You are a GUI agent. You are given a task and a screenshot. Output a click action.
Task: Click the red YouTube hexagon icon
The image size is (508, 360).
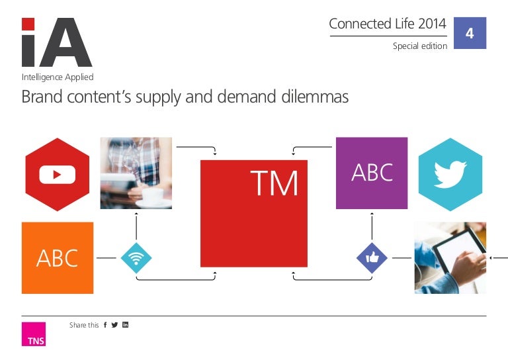click(x=57, y=174)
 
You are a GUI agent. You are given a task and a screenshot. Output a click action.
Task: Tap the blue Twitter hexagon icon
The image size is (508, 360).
click(x=450, y=174)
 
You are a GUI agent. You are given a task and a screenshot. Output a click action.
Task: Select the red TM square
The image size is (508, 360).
click(x=254, y=213)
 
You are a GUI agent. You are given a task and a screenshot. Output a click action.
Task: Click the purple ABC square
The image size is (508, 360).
click(x=371, y=173)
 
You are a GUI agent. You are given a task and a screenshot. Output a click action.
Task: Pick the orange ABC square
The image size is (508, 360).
click(x=58, y=257)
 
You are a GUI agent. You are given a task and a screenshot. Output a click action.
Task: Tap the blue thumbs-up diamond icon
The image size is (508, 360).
click(x=372, y=257)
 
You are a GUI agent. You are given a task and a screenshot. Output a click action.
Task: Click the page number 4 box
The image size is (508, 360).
click(x=470, y=32)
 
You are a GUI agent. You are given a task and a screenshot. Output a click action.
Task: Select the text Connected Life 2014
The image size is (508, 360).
click(x=388, y=24)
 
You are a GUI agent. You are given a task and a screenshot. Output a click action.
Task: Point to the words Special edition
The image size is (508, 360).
click(x=419, y=46)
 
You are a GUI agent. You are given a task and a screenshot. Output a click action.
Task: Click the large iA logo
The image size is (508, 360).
click(x=56, y=43)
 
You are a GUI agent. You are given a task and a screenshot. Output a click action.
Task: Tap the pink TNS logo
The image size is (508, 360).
click(x=34, y=334)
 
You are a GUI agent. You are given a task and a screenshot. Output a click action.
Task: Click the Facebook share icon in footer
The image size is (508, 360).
click(x=105, y=325)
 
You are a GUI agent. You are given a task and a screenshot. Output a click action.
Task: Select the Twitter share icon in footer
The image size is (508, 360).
click(x=114, y=325)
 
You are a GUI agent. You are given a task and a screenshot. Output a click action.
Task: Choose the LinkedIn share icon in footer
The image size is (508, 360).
click(x=125, y=325)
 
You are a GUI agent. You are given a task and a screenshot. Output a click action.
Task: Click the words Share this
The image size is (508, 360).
click(x=84, y=325)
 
